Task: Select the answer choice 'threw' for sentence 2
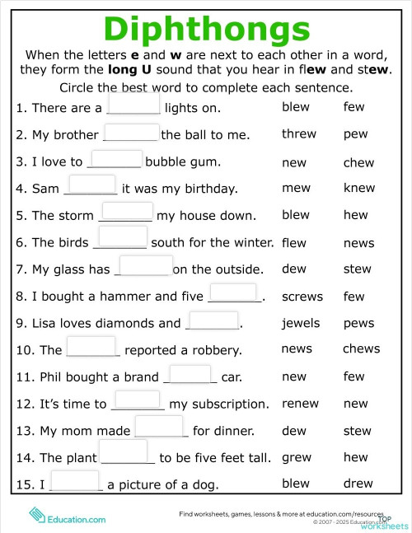pyautogui.click(x=298, y=134)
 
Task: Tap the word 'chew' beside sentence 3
pyautogui.click(x=358, y=162)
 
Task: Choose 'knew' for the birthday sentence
pyautogui.click(x=359, y=189)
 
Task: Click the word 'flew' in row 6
pyautogui.click(x=293, y=243)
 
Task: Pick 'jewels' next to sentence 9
pyautogui.click(x=301, y=323)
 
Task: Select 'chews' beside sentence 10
pyautogui.click(x=361, y=349)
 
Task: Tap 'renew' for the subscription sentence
pyautogui.click(x=300, y=404)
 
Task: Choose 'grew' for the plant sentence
pyautogui.click(x=297, y=457)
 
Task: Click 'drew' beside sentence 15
pyautogui.click(x=358, y=484)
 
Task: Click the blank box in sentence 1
pyautogui.click(x=133, y=102)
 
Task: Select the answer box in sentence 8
pyautogui.click(x=233, y=292)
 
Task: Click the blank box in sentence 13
pyautogui.click(x=158, y=426)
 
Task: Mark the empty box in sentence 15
pyautogui.click(x=75, y=480)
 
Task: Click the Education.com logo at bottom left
pyautogui.click(x=68, y=517)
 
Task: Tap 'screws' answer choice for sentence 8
pyautogui.click(x=302, y=297)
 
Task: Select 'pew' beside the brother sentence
pyautogui.click(x=356, y=134)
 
